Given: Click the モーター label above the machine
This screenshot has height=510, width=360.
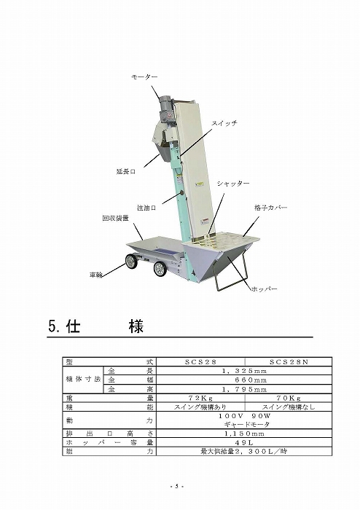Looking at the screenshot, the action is [144, 76].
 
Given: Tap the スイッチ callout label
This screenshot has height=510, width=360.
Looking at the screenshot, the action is [224, 123].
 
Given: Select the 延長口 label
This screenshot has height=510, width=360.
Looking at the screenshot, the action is [126, 171].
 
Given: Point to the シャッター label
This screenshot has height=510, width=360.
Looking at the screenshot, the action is [233, 184].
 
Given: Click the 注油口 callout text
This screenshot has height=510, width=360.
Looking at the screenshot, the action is [146, 208].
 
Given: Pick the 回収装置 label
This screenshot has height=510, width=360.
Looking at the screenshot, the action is [115, 219].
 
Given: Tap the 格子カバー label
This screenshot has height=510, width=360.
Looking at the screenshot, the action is [271, 208].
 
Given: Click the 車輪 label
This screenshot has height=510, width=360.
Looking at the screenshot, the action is [96, 275].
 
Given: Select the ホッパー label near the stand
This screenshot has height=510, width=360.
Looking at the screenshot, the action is [265, 289].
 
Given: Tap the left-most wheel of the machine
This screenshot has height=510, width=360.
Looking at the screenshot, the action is [132, 261].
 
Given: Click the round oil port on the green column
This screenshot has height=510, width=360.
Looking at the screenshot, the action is [181, 194].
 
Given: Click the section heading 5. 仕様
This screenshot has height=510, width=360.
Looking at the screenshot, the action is [96, 326].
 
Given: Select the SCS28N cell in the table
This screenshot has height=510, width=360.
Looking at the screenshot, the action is [289, 361].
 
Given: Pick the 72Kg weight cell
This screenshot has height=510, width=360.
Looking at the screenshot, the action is [200, 398].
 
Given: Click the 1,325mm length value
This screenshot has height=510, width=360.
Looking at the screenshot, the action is [244, 371].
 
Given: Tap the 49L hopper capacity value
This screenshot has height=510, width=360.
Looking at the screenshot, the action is [244, 442].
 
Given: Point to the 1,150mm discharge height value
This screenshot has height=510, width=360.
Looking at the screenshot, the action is [244, 433].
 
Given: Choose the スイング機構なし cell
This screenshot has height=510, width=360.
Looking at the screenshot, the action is [289, 407].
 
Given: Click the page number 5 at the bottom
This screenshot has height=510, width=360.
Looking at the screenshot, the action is [177, 487].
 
